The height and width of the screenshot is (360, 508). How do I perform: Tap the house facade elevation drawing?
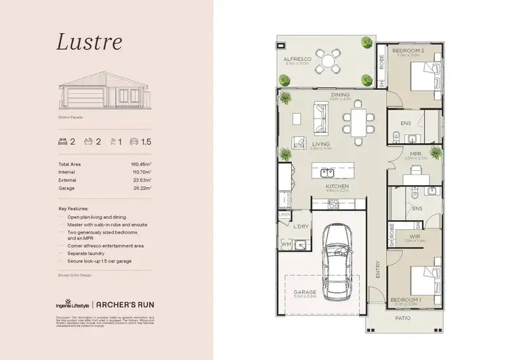[105, 92]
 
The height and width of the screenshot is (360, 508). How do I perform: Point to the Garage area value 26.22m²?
[140, 188]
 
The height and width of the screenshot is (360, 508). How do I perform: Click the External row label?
[67, 180]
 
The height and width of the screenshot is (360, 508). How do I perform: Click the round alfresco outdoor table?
[329, 62]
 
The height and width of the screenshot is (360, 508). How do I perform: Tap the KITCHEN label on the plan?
[337, 186]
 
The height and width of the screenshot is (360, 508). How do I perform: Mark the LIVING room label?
[321, 144]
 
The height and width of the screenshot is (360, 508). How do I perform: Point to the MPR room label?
[416, 154]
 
